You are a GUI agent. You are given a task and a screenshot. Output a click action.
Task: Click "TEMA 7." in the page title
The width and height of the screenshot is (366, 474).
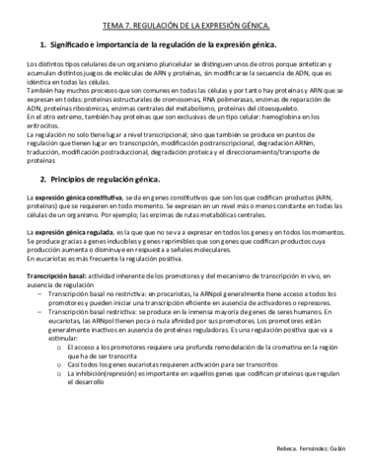click(116, 22)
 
